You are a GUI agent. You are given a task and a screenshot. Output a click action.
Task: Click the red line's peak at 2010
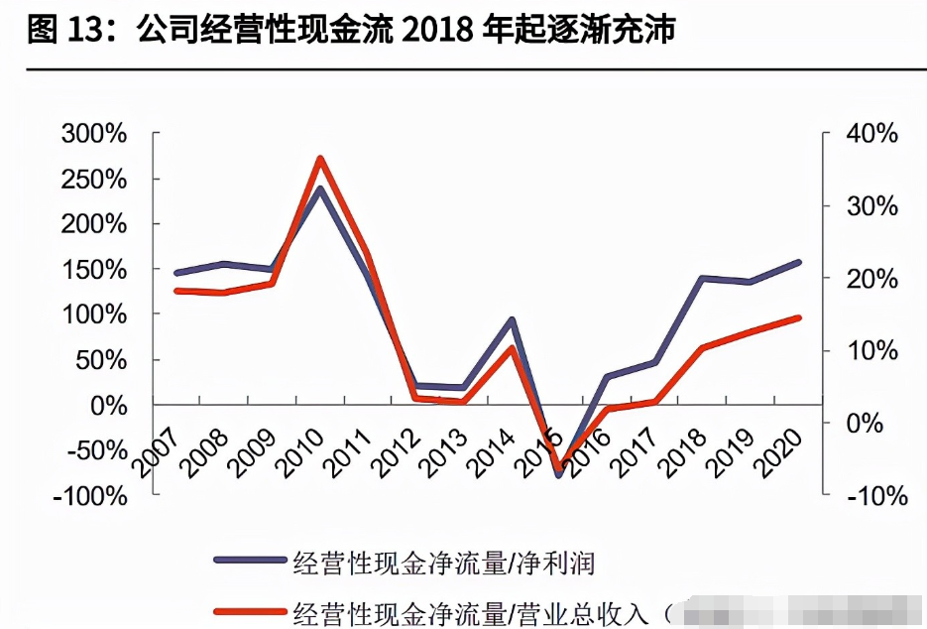(320, 158)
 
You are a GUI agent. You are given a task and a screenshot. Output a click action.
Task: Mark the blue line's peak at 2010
(320, 188)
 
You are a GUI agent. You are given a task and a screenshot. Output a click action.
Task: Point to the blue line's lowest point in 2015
(558, 475)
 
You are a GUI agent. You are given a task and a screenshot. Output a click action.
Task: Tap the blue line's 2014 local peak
(512, 319)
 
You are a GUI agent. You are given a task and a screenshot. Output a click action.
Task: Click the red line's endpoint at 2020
(799, 317)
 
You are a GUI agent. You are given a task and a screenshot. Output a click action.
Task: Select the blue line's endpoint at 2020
(799, 262)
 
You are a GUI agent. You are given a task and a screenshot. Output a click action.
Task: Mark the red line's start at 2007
(175, 291)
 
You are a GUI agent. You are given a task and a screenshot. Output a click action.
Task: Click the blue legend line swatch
(250, 563)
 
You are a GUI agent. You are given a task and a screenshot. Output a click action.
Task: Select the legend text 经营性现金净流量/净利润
(442, 563)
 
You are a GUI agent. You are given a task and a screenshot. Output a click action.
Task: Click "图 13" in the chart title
(59, 31)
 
